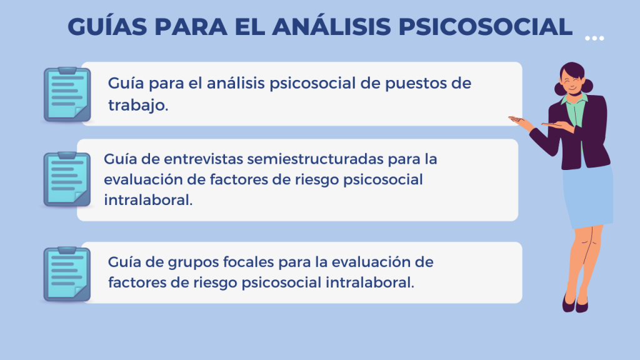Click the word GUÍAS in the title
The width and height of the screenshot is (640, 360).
click(x=107, y=26)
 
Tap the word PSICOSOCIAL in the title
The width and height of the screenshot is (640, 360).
click(x=485, y=27)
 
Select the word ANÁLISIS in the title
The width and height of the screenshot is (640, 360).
click(x=331, y=26)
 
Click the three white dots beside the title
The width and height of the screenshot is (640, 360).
click(x=594, y=38)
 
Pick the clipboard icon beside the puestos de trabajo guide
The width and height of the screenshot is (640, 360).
click(x=67, y=95)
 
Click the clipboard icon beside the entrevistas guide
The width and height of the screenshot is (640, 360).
click(x=67, y=179)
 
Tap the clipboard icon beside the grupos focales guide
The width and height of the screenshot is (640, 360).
click(x=67, y=274)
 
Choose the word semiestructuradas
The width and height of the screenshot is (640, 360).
click(x=315, y=159)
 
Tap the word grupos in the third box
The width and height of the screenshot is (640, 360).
click(x=194, y=262)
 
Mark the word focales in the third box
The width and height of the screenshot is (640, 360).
click(x=249, y=262)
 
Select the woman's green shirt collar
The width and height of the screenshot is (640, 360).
click(x=575, y=99)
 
